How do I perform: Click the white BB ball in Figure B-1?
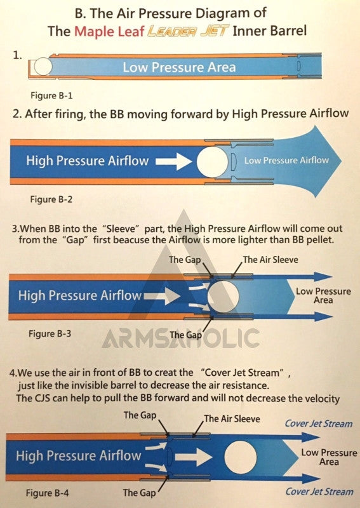click(43, 67)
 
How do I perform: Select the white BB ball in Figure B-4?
click(241, 457)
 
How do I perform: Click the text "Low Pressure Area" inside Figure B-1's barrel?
click(179, 67)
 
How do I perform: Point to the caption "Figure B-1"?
click(51, 96)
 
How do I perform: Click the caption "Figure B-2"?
click(51, 199)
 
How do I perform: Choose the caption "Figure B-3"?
click(50, 334)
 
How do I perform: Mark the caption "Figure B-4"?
click(48, 493)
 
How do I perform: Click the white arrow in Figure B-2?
click(174, 161)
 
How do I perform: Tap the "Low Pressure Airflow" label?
click(286, 161)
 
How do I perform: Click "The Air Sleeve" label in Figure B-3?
click(270, 260)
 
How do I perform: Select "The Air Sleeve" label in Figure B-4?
click(232, 418)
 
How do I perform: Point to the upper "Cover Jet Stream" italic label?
click(319, 424)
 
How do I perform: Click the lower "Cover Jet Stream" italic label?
click(319, 491)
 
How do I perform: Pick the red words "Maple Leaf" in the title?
click(109, 31)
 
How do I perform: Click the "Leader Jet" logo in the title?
click(189, 31)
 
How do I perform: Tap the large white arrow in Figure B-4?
click(194, 457)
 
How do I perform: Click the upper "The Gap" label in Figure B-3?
click(185, 260)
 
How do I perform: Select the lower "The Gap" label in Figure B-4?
click(139, 493)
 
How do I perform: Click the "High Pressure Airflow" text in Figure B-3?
click(80, 295)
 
